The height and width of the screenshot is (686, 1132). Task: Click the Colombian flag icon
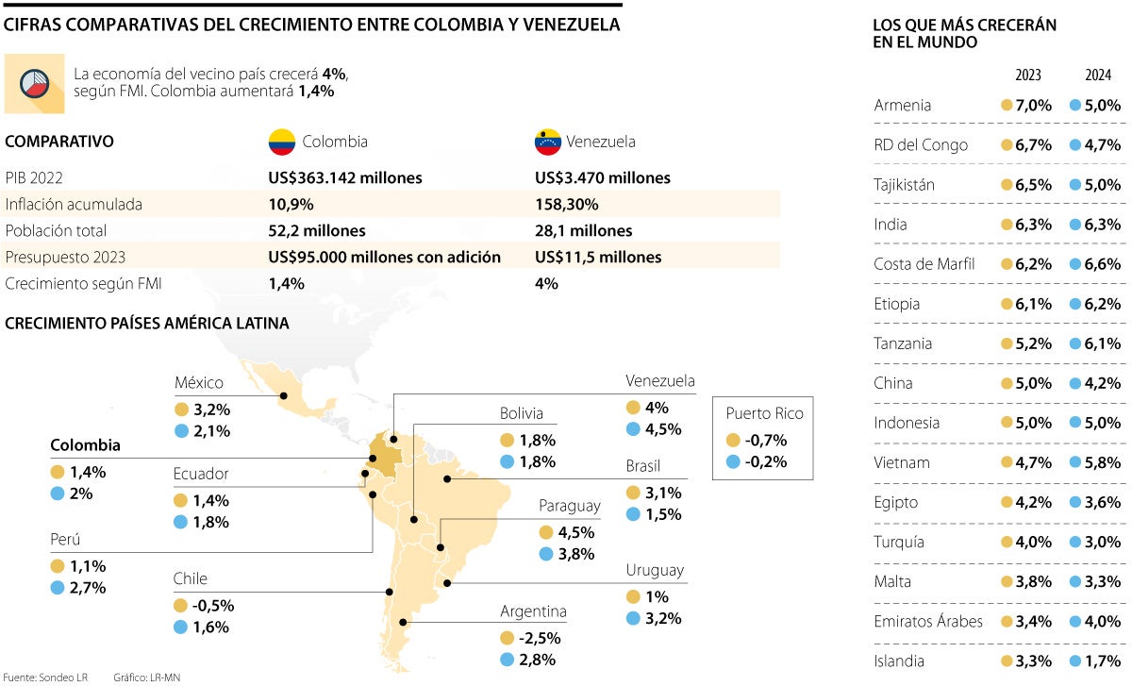coord(282,142)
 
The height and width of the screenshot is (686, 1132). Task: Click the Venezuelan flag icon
coord(548,142)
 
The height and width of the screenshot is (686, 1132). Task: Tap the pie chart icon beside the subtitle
coord(35,82)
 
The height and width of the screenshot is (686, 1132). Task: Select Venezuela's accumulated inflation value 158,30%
coord(566,204)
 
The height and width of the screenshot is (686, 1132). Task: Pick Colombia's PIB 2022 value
coord(345,177)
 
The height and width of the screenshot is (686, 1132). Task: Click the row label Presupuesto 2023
coord(65,257)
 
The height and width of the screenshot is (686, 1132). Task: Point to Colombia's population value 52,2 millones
coord(316,230)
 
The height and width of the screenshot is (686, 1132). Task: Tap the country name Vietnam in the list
coord(902,462)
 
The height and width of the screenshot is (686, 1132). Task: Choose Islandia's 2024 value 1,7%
coord(1102,661)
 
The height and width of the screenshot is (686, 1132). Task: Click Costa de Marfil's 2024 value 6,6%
coord(1102,264)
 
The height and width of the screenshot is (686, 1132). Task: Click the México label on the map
coord(199,382)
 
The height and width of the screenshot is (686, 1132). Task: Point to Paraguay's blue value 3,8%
coord(575,554)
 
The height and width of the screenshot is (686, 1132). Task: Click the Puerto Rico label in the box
coord(764,413)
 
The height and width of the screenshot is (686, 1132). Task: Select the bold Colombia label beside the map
coord(85,444)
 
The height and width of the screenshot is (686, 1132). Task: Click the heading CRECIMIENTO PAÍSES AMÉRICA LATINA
coord(147,324)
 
